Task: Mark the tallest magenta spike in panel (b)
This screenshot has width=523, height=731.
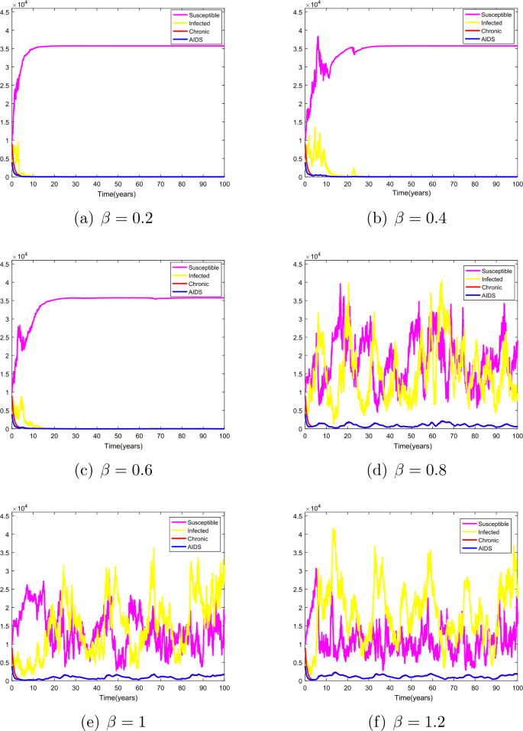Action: [318, 37]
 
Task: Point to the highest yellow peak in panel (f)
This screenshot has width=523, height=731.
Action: [333, 528]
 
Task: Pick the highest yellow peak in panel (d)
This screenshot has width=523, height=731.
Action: [441, 281]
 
